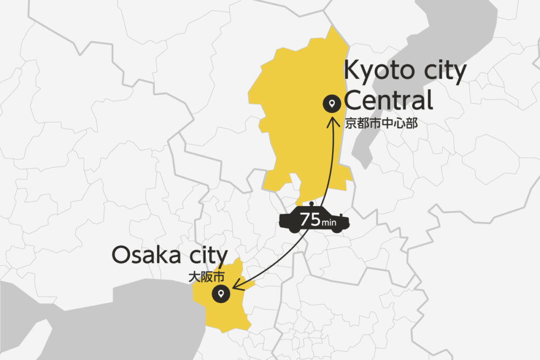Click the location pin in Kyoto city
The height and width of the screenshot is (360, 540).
[330, 103]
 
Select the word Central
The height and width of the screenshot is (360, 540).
[389, 101]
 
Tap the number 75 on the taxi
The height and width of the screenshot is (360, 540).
[310, 220]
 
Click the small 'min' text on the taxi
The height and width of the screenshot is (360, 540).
[328, 222]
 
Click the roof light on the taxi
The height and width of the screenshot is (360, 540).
[312, 204]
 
